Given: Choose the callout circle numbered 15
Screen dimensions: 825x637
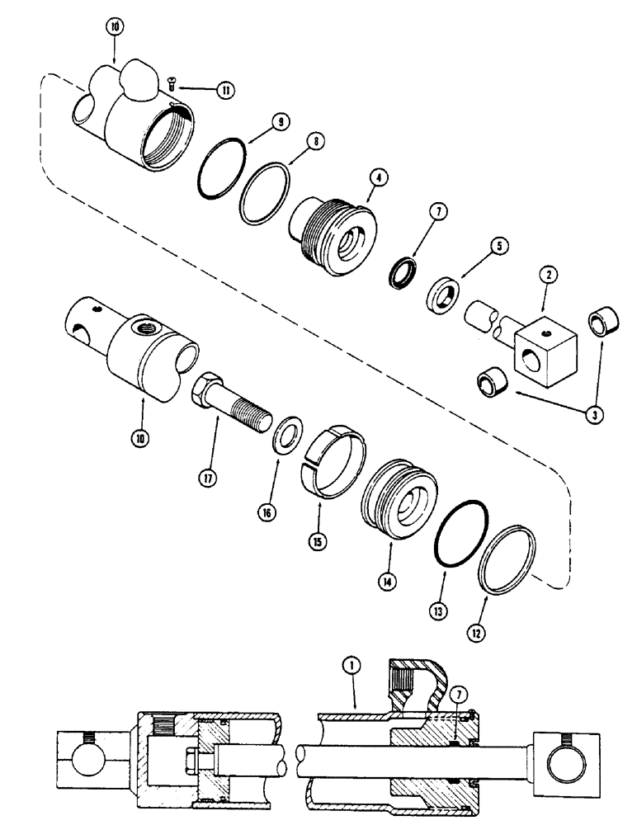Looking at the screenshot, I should click(x=314, y=543).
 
